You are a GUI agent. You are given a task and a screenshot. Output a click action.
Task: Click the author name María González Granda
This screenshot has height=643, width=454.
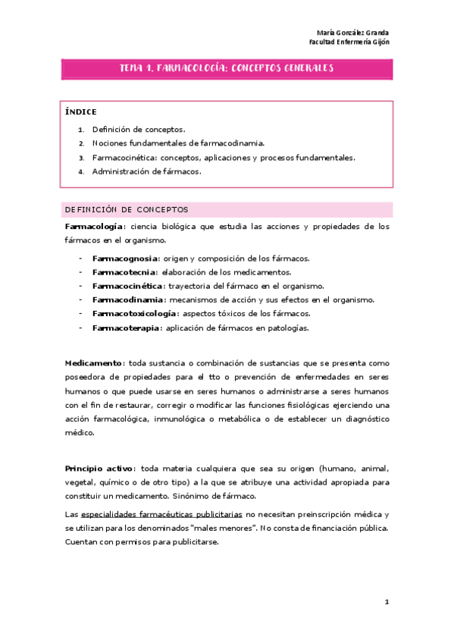[x=352, y=33]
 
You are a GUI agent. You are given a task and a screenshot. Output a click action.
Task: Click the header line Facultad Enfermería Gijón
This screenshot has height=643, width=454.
[x=350, y=42]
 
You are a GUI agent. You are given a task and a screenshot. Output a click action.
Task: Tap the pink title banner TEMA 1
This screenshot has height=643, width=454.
[x=227, y=68]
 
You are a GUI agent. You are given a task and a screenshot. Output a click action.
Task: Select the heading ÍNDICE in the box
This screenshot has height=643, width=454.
[x=81, y=112]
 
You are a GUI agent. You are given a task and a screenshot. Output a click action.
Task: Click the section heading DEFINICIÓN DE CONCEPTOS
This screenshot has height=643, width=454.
[x=127, y=209]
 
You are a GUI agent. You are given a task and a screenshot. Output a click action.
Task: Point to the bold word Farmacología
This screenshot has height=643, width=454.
[x=95, y=227]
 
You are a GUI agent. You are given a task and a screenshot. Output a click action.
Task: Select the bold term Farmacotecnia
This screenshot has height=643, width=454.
[x=124, y=272]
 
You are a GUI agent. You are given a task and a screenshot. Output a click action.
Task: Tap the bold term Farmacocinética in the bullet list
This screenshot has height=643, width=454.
[x=127, y=286]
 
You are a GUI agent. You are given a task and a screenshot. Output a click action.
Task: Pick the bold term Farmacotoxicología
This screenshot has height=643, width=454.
[x=135, y=313]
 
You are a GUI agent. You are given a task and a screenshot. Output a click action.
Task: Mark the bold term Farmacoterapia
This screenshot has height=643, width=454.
[x=124, y=328]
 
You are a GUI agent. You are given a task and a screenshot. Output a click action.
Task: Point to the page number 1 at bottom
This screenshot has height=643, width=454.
[x=387, y=601]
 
